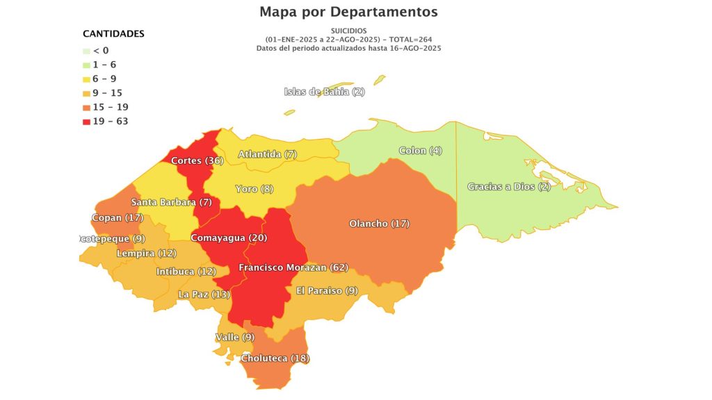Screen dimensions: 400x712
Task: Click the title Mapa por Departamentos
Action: tap(348, 12)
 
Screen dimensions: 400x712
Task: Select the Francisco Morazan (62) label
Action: tap(293, 267)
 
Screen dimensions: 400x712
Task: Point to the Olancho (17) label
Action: tap(379, 224)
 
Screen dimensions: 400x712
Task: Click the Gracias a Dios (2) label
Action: tap(508, 187)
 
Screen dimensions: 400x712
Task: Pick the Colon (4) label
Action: tap(420, 151)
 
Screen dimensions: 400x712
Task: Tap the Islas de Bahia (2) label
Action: tap(324, 92)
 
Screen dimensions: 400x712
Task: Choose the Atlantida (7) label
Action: tap(267, 154)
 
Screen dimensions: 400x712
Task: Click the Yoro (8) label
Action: tap(254, 189)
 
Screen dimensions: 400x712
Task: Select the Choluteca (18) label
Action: tap(275, 358)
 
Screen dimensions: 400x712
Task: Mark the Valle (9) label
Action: tap(236, 337)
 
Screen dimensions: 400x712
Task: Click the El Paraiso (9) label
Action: tap(327, 290)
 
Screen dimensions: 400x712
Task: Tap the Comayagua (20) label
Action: tap(228, 237)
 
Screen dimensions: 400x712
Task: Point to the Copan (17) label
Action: tap(117, 217)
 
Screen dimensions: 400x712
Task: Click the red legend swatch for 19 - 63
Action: tap(86, 122)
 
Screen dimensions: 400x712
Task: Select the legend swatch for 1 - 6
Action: tap(86, 65)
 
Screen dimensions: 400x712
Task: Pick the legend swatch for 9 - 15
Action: tap(86, 93)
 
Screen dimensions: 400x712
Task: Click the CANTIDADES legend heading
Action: tap(113, 33)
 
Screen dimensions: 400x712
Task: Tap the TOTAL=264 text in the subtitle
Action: tap(411, 39)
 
